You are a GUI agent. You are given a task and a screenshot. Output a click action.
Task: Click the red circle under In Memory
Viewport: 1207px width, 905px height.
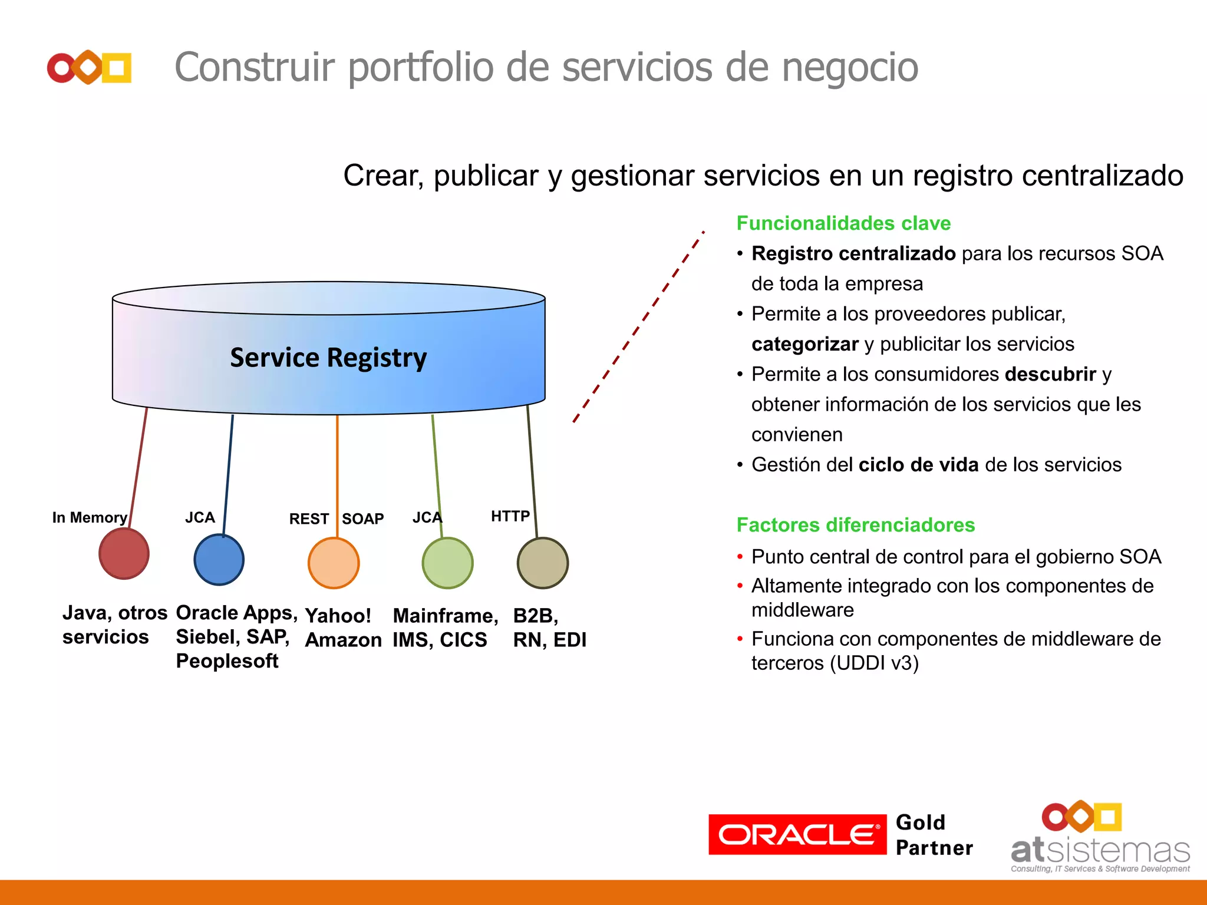click(x=124, y=553)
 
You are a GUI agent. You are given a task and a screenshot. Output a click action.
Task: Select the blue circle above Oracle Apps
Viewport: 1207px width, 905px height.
click(x=219, y=560)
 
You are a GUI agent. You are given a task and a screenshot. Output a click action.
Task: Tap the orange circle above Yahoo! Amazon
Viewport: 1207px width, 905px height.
click(x=334, y=563)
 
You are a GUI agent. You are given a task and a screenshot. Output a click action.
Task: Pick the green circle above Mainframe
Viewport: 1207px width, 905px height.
click(x=447, y=563)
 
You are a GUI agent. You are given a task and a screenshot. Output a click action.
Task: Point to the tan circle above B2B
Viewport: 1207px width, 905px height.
click(x=542, y=563)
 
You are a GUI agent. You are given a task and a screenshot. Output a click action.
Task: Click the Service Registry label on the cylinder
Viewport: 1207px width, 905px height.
click(x=328, y=358)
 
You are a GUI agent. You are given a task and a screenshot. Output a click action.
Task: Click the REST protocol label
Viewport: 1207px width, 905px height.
click(x=309, y=519)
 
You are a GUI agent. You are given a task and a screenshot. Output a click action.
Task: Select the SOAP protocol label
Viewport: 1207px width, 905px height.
click(x=363, y=519)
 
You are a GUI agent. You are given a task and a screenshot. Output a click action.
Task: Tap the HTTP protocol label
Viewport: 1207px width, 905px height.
click(x=510, y=516)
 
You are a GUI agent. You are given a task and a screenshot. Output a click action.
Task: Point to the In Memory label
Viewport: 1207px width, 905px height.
click(x=90, y=517)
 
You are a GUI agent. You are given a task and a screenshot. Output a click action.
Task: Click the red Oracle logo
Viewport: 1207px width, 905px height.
click(x=797, y=834)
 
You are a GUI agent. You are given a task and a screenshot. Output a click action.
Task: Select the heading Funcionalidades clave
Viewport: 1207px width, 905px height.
click(x=843, y=223)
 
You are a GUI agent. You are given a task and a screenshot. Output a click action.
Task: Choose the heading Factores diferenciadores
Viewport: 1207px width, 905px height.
click(x=856, y=525)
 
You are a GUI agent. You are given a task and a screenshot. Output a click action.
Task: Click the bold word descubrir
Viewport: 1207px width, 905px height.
click(x=1050, y=374)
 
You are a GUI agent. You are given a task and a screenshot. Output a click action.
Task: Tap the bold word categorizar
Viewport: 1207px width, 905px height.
click(x=805, y=344)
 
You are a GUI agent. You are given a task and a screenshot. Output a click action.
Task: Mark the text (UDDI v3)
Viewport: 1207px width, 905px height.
click(x=875, y=663)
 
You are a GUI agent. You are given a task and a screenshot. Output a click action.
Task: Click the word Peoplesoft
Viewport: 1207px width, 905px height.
click(x=227, y=661)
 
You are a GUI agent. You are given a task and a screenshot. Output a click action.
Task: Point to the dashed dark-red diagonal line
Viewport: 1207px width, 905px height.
click(x=639, y=328)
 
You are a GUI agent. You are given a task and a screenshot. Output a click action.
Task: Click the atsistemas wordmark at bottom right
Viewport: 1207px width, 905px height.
click(x=1100, y=850)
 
